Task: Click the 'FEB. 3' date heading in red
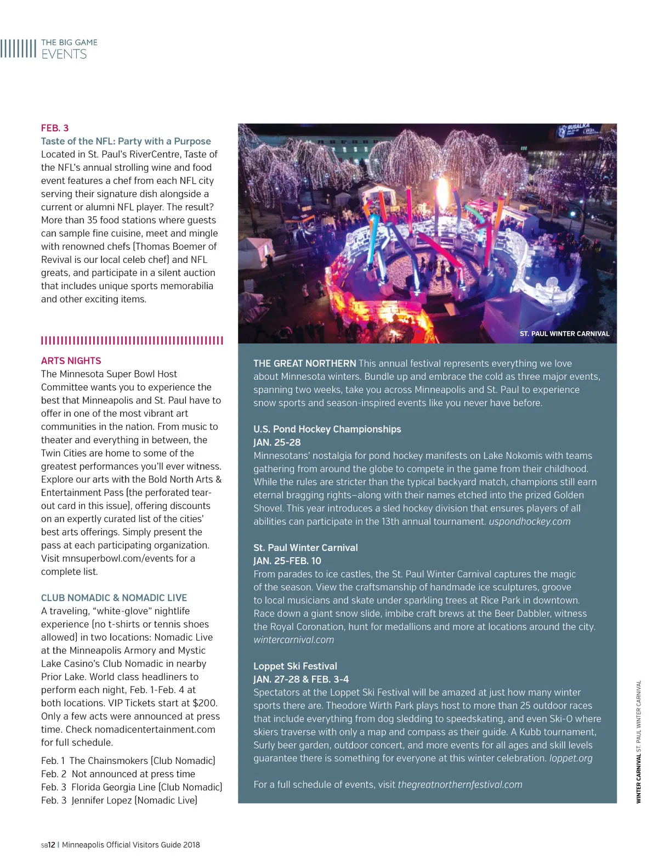pos(55,128)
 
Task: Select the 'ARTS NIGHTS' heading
pos(71,361)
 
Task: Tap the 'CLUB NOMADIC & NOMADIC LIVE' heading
pos(114,598)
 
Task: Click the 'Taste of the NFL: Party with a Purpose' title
pos(126,141)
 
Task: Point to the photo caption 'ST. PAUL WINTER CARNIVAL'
pos(564,334)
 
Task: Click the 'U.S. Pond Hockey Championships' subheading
pos(327,429)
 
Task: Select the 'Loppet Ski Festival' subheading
pos(295,666)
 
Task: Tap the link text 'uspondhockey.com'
pos(529,521)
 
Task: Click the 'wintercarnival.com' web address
pos(293,640)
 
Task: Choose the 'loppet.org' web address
pos(570,759)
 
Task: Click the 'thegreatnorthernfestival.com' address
pos(460,785)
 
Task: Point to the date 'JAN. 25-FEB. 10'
pos(287,561)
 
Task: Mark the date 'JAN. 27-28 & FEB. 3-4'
pos(301,679)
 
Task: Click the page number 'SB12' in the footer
pos(48,845)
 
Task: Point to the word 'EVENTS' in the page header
pos(64,54)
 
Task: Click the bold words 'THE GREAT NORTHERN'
pos(304,363)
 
